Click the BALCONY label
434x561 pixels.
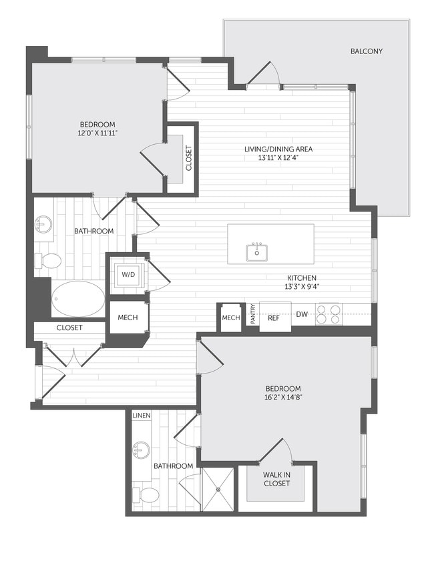tap(366, 51)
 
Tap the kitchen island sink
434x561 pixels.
tap(256, 252)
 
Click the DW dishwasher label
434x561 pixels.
tap(302, 314)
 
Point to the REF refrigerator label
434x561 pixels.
tap(274, 318)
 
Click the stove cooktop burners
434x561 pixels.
tap(329, 314)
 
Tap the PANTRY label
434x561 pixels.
tap(252, 315)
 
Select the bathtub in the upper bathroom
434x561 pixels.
tap(78, 298)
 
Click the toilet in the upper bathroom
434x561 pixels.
tap(49, 260)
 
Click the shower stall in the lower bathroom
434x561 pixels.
tap(218, 489)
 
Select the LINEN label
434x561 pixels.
tap(141, 416)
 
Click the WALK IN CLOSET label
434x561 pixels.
tap(276, 478)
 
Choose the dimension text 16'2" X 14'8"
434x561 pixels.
tap(282, 398)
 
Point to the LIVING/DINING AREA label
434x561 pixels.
tap(278, 149)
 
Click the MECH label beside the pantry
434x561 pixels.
tap(230, 318)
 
